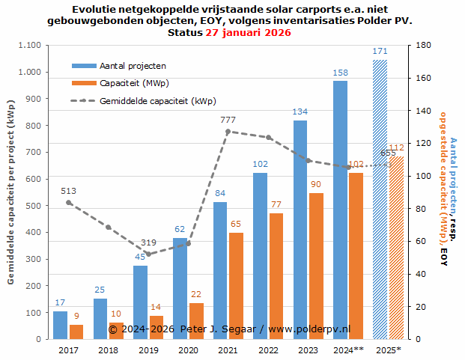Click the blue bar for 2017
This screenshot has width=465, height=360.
click(61, 325)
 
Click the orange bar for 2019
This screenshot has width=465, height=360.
click(156, 327)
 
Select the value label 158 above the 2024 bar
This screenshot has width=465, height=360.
click(341, 73)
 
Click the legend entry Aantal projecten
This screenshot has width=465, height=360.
click(133, 66)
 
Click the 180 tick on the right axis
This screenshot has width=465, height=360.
click(422, 46)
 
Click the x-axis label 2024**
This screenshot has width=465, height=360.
click(349, 350)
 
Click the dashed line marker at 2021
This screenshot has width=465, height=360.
click(228, 132)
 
